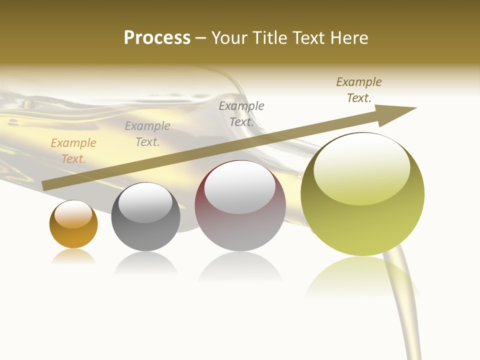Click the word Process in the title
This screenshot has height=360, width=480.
click(157, 38)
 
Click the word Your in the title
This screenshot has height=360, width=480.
click(229, 38)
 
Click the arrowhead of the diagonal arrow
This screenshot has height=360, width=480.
click(397, 113)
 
